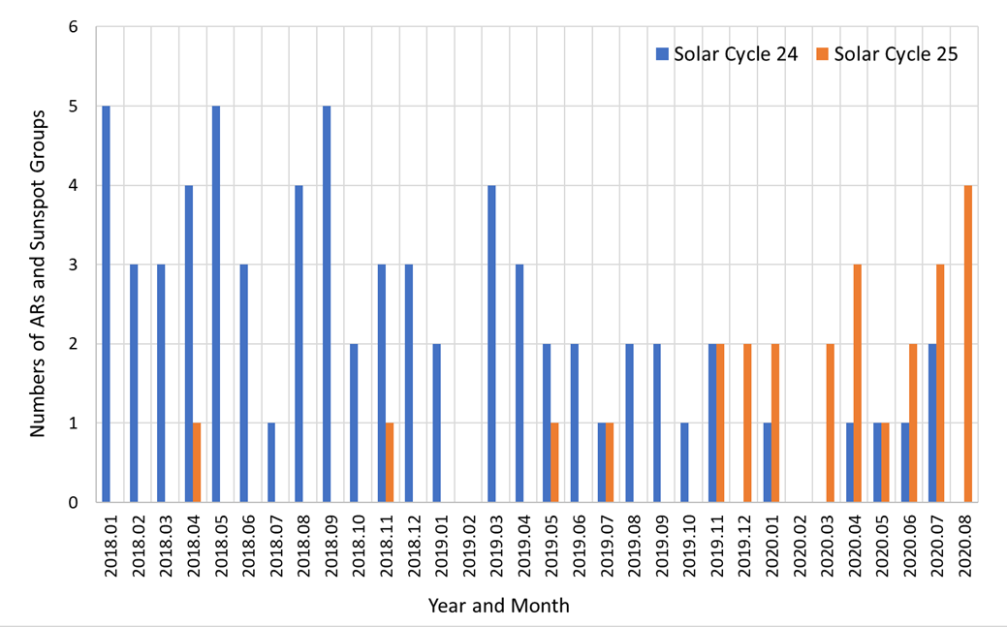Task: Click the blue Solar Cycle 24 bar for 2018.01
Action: tap(106, 304)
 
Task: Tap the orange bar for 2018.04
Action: tap(197, 463)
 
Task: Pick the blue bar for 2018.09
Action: tap(327, 304)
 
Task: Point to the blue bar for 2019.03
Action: tap(491, 344)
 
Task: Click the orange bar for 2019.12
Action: tap(747, 423)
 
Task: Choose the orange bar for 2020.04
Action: tap(858, 384)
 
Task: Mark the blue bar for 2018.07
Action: tap(271, 463)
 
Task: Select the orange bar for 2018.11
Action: tap(390, 463)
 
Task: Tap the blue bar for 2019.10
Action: tap(684, 463)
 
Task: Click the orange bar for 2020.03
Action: tap(830, 423)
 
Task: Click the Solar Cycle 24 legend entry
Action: tap(727, 54)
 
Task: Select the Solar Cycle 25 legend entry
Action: tap(887, 54)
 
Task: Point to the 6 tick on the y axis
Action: tap(73, 27)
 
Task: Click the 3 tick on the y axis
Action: tap(73, 265)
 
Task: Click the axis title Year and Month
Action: tap(499, 607)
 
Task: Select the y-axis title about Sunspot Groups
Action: tap(38, 273)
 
